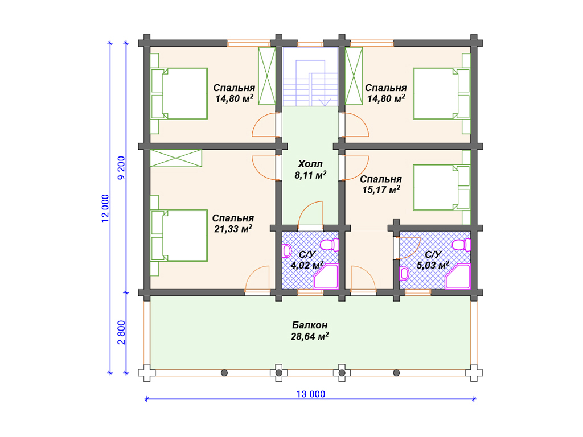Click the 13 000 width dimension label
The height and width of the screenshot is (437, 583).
point(310,394)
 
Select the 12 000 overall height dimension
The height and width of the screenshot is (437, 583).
point(105,208)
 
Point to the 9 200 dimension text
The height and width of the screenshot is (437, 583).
point(122,168)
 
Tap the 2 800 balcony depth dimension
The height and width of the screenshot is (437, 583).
point(122,332)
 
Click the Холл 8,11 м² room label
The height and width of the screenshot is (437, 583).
point(310,170)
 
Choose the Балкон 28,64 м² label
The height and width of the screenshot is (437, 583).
point(310,331)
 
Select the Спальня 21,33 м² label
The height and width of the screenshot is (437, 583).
point(233,223)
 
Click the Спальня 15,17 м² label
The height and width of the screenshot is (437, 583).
point(381,184)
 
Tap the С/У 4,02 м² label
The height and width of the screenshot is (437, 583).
point(307,259)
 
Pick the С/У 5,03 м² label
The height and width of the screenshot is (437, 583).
point(433,259)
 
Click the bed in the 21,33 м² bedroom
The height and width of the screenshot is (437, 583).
point(179,236)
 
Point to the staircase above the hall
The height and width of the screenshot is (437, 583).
point(310,77)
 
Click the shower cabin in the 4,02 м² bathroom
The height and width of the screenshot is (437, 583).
point(326,277)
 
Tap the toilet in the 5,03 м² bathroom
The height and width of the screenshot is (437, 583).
point(461,245)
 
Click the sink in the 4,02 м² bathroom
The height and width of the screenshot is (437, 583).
point(287,251)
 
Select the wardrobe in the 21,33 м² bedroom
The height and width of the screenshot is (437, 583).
point(176,158)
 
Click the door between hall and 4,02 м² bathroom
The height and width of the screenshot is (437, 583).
point(310,215)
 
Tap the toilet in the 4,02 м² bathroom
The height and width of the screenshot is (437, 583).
point(330,245)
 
